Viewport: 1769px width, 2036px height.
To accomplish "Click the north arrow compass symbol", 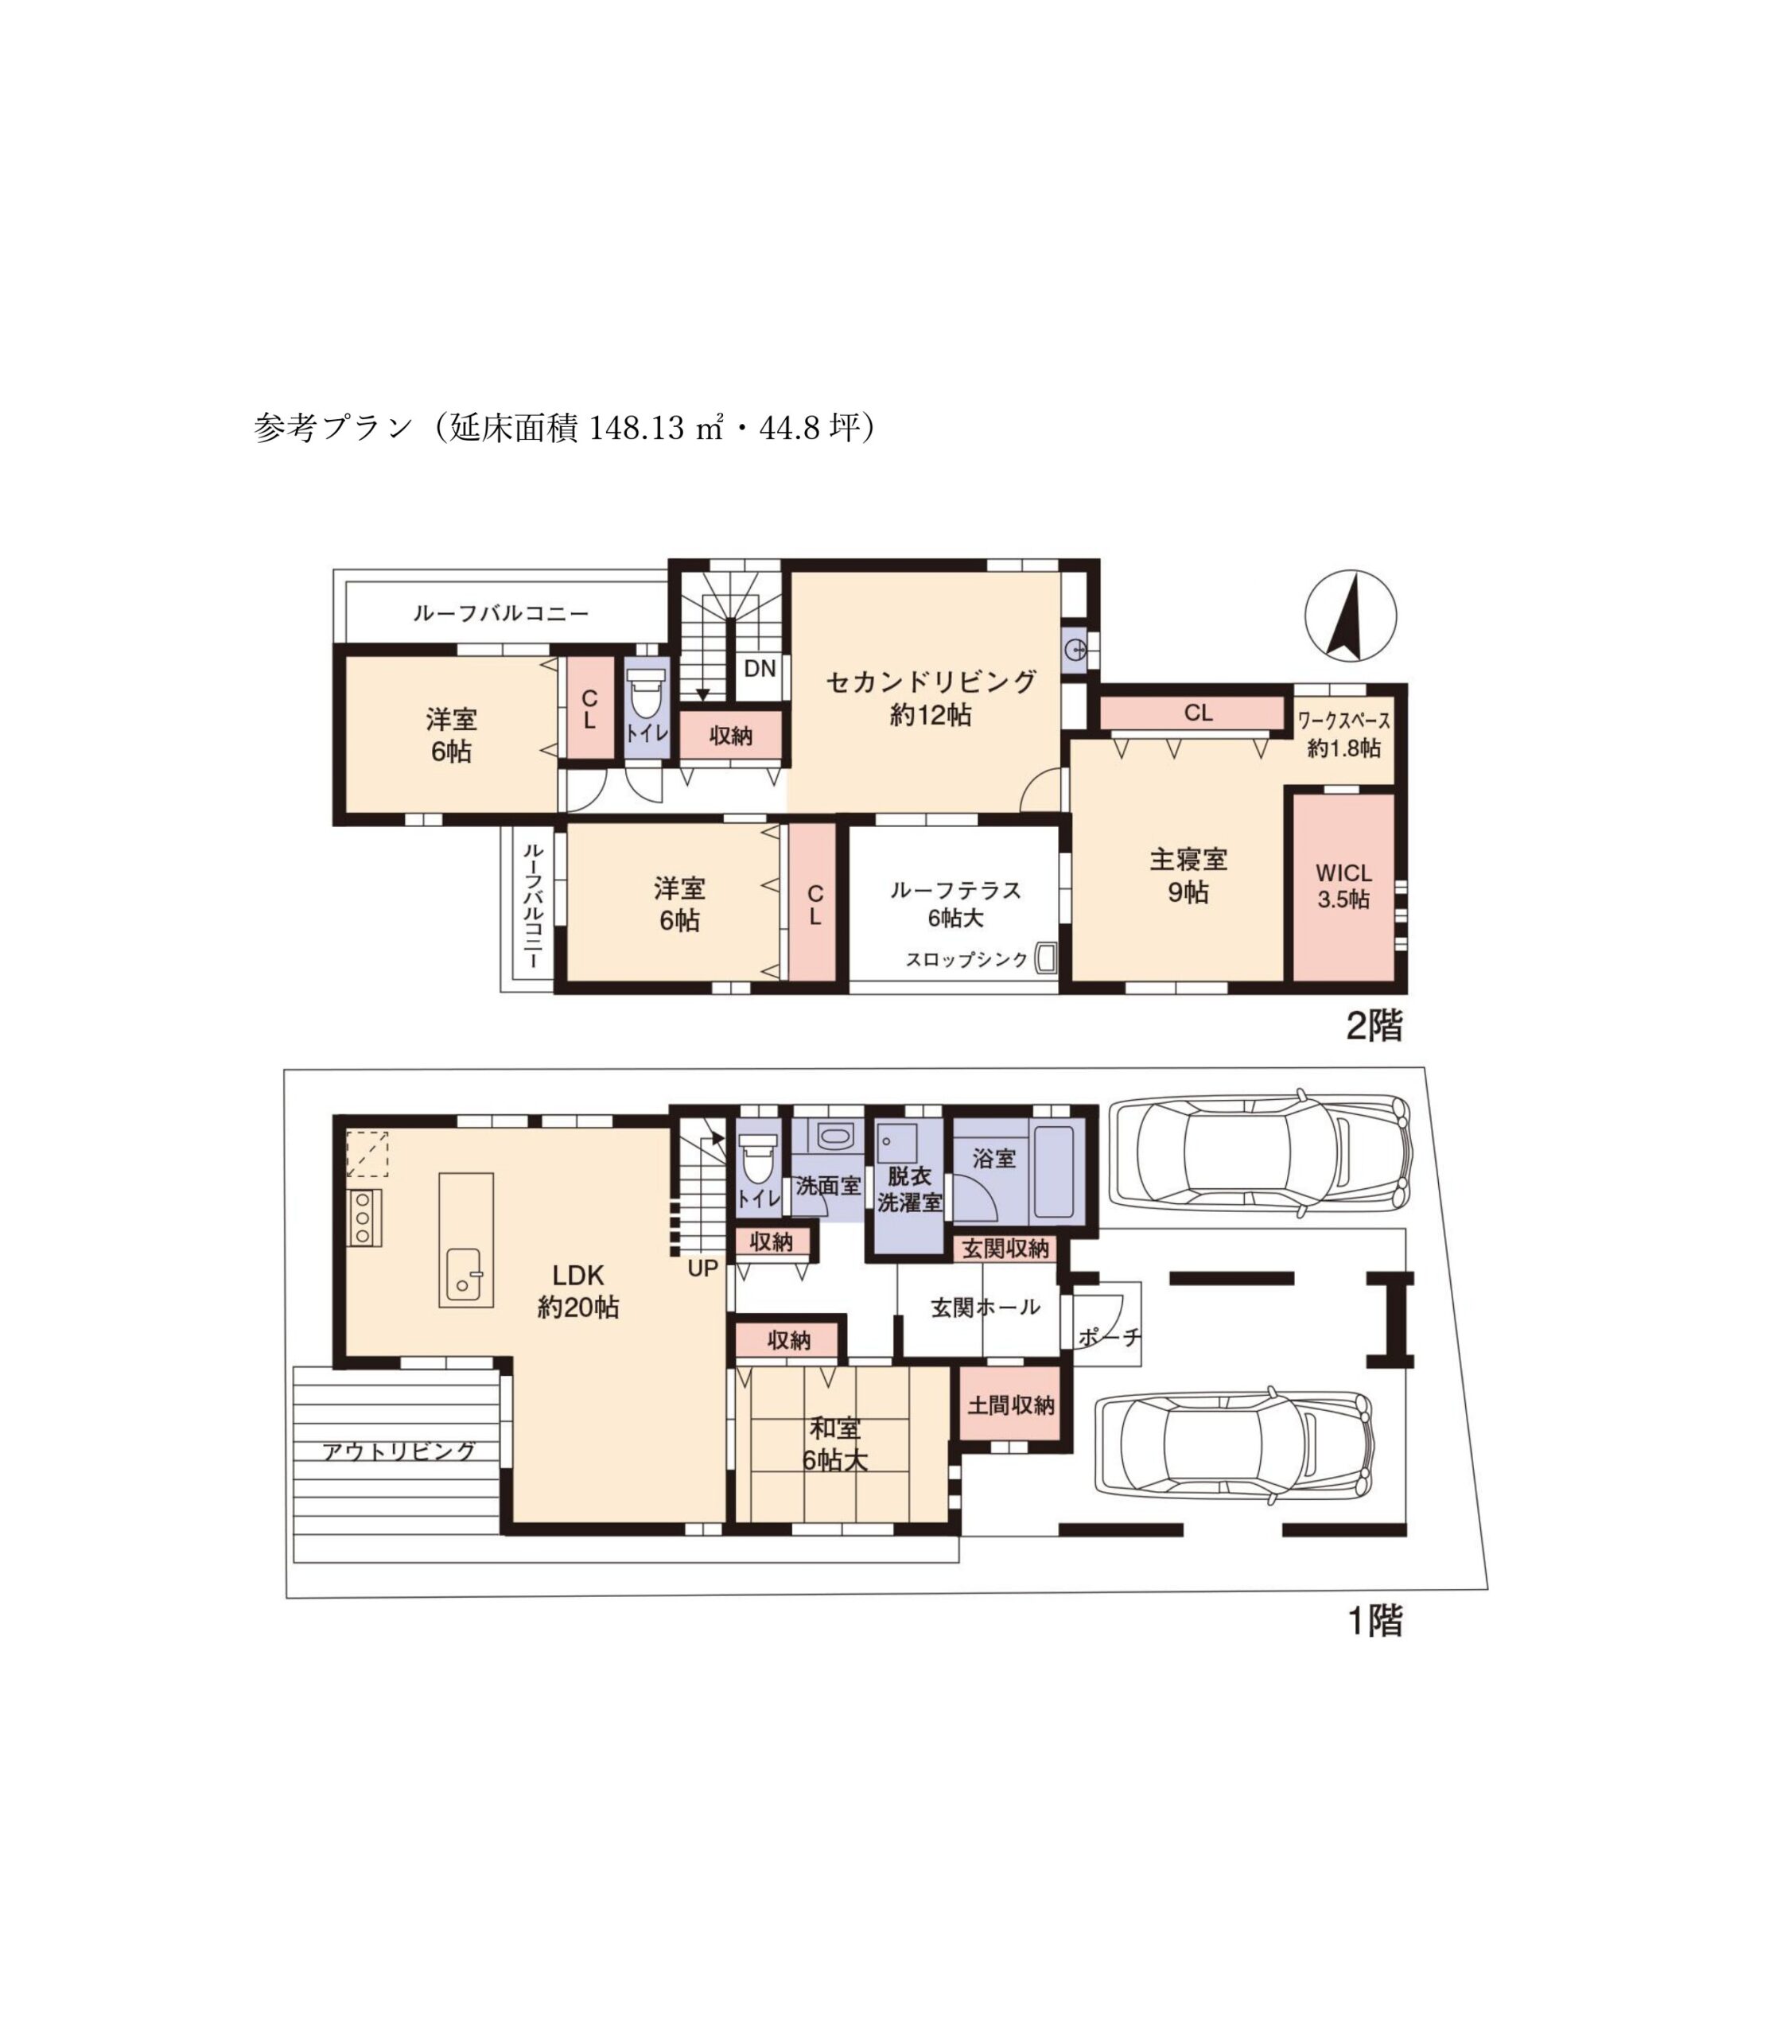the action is pyautogui.click(x=1351, y=617).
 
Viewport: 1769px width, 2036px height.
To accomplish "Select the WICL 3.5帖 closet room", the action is pyautogui.click(x=1344, y=888).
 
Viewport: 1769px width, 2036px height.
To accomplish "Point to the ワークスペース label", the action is pyautogui.click(x=1343, y=721).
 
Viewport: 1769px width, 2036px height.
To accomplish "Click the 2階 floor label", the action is pyautogui.click(x=1374, y=1027).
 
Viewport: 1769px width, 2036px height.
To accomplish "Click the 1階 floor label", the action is pyautogui.click(x=1375, y=1621).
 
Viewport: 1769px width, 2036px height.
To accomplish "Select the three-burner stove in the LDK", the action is pyautogui.click(x=364, y=1218).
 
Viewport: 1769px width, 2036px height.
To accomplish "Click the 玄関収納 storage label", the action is pyautogui.click(x=1005, y=1249).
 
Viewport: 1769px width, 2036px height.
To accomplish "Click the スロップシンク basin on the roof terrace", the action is pyautogui.click(x=1045, y=958).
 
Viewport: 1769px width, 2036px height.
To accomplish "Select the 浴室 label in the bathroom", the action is pyautogui.click(x=994, y=1158).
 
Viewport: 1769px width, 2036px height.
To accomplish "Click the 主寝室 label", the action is pyautogui.click(x=1188, y=859).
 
